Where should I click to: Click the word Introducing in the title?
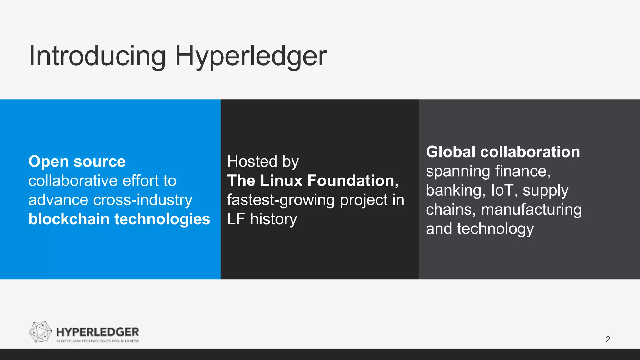point(97,56)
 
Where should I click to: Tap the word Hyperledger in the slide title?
point(251,56)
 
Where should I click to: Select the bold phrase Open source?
point(77,162)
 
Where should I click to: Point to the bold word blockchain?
point(69,219)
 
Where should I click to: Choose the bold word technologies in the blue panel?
point(162,219)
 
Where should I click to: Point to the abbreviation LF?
point(236,219)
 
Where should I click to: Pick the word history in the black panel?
point(273,219)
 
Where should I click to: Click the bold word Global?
point(451,152)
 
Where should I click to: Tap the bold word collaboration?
point(530,152)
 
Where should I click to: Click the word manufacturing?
point(531,210)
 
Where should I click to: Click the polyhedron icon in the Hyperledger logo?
point(40,332)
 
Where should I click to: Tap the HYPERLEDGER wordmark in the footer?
point(97,332)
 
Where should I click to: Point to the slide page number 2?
point(607,339)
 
